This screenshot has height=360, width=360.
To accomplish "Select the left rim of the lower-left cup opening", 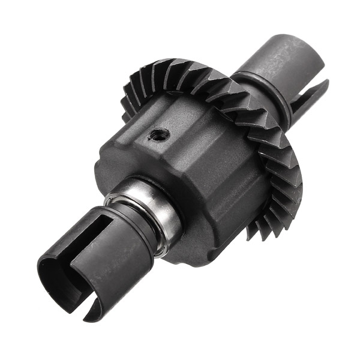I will pyautogui.click(x=42, y=270).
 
